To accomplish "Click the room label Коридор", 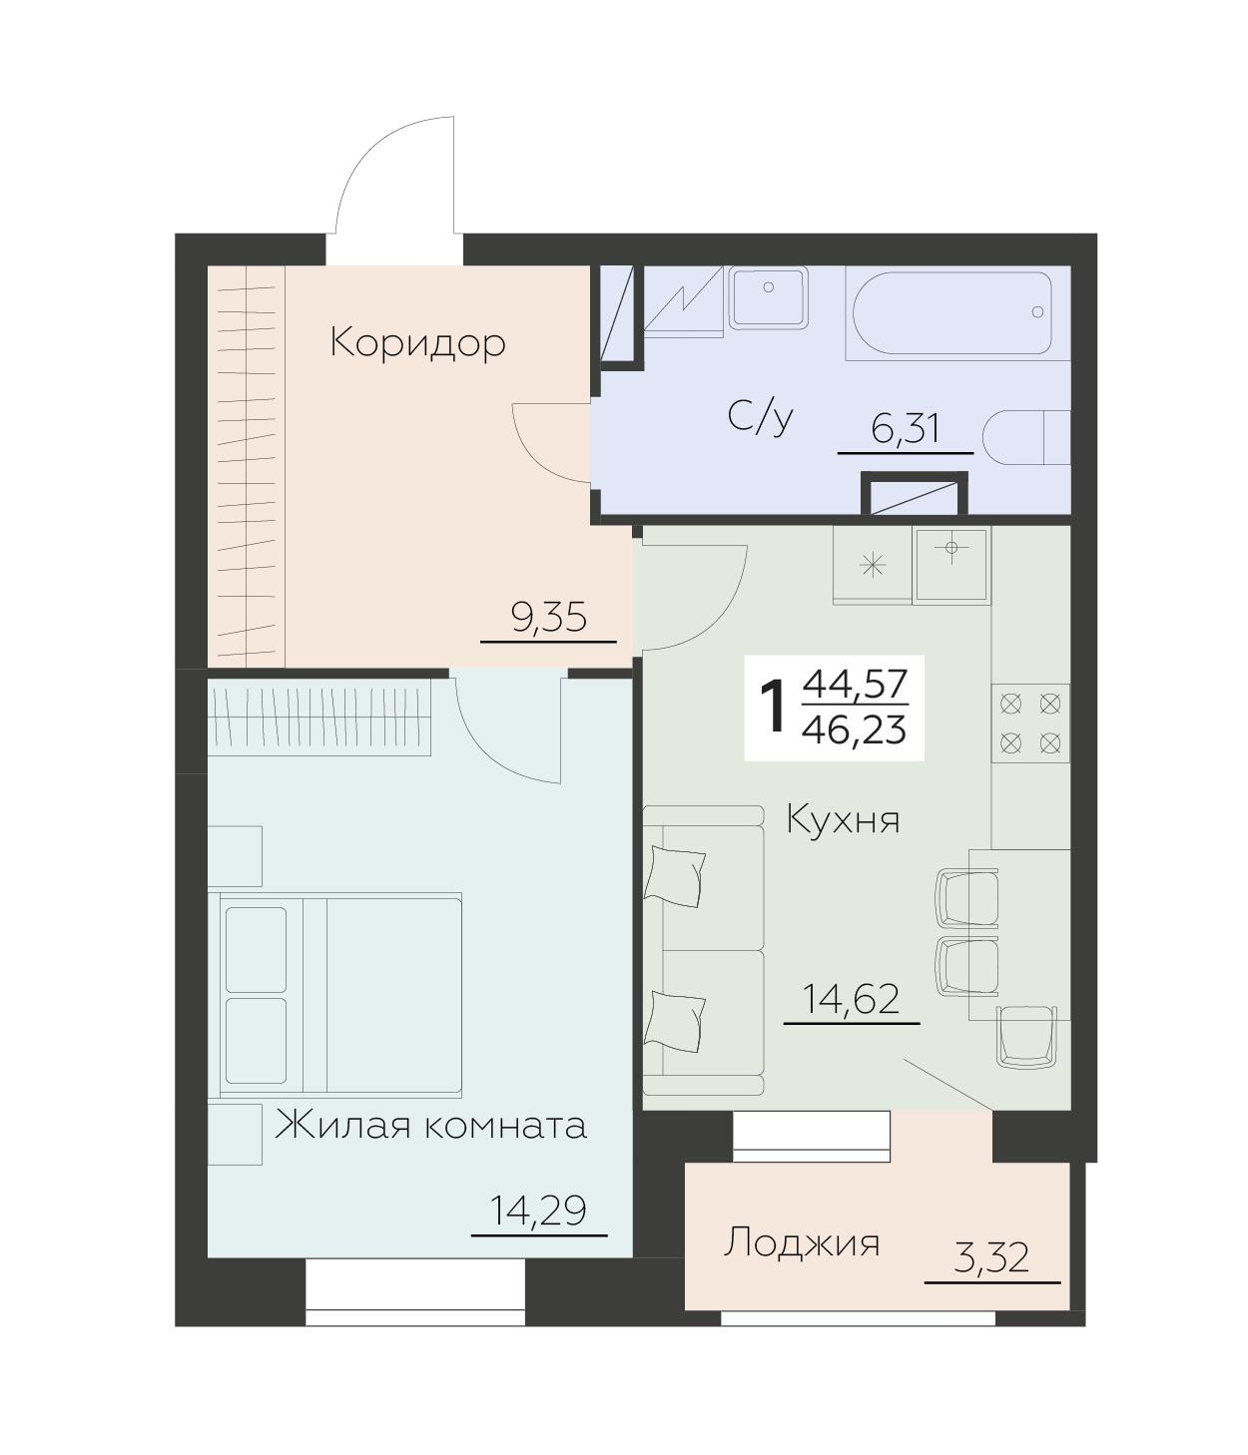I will pos(417,343).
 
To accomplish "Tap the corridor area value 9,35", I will pos(548,619).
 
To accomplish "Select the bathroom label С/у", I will pos(761,417).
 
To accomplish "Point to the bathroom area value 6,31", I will pos(905,430).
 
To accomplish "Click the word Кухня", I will pos(844,820).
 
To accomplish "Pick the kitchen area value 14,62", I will pos(852,999).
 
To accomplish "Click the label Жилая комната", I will pos(430,1126).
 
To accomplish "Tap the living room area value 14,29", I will pos(538,1212).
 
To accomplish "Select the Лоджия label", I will pos(802,1243).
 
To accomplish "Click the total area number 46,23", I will pos(854,731).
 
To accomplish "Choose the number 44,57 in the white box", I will pos(854,685).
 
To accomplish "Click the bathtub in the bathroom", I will pos(948,312).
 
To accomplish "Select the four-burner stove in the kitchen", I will pos(1030,724).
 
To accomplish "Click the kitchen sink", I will pos(951,565).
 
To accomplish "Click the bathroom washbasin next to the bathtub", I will pos(768,297).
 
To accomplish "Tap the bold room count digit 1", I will pos(772,708).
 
